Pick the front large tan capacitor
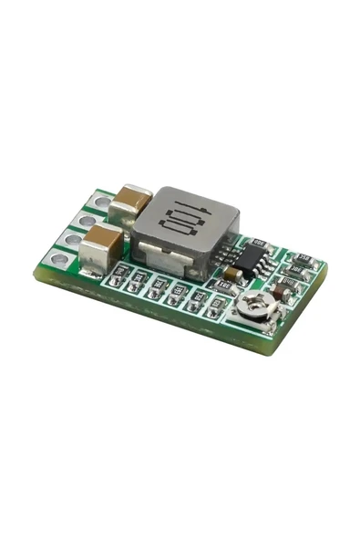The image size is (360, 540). (x=102, y=244)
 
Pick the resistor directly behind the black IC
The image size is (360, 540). (x=259, y=243)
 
